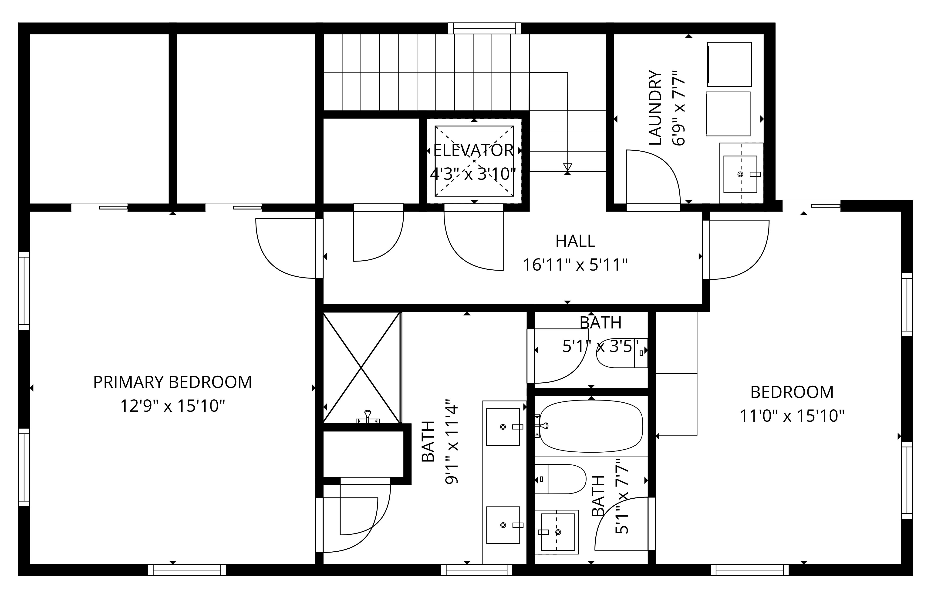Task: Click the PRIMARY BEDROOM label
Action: pos(172,382)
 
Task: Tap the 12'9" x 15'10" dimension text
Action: pos(172,406)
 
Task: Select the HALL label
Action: pos(575,241)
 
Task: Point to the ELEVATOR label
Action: pos(473,150)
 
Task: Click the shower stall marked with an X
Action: pos(361,367)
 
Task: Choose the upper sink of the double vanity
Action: pos(503,427)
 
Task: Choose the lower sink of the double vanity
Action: pos(503,525)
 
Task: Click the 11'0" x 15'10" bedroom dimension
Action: pos(792,416)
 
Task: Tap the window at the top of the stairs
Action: pos(484,28)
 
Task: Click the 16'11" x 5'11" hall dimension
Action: pos(575,265)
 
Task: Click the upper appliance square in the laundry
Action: pos(729,64)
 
